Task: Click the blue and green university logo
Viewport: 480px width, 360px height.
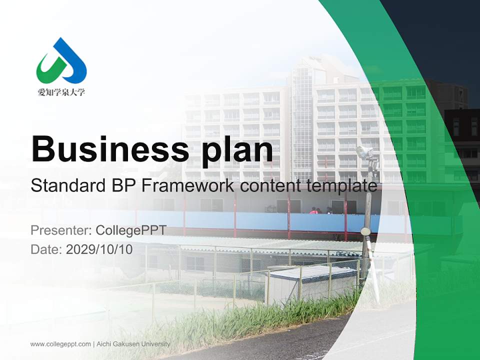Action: click(61, 61)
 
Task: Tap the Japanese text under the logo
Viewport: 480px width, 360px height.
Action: click(61, 92)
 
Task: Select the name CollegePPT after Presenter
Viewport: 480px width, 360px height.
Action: click(131, 230)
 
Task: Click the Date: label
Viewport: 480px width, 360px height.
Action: click(46, 249)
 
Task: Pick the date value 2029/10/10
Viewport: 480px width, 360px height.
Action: click(99, 249)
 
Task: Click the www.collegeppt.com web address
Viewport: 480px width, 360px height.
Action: click(60, 344)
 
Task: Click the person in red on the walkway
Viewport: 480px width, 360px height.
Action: click(313, 210)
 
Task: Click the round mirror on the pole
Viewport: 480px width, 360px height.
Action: click(365, 231)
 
